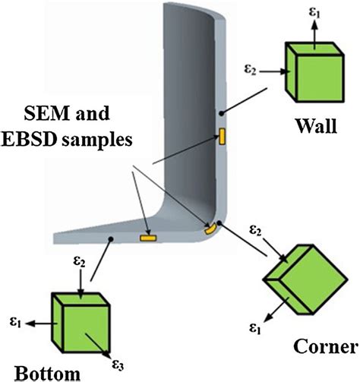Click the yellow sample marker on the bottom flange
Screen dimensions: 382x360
(x=147, y=238)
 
